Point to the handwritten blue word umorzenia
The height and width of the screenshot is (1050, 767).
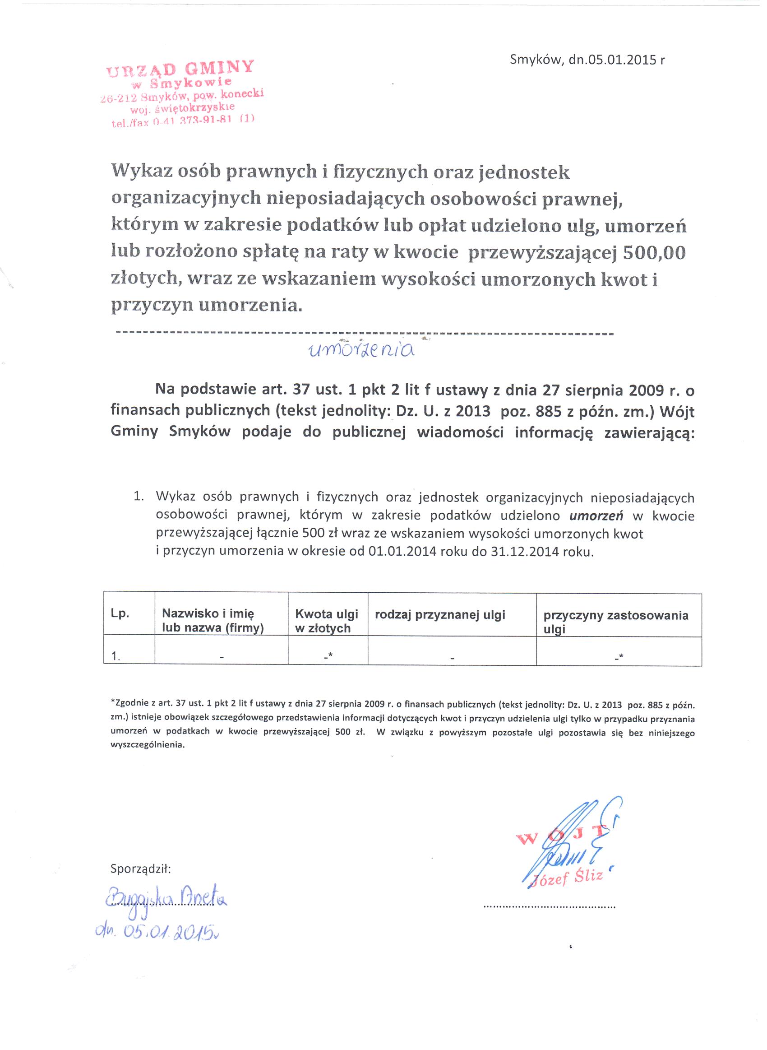(x=362, y=350)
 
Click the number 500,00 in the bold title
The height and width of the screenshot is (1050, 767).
(x=654, y=252)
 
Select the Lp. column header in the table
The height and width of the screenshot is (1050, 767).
(x=120, y=613)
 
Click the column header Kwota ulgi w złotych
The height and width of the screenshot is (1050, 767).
(x=326, y=621)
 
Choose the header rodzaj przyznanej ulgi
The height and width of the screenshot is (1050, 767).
(x=440, y=615)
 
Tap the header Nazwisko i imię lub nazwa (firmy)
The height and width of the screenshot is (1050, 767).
(x=212, y=621)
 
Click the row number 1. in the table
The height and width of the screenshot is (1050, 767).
(x=116, y=656)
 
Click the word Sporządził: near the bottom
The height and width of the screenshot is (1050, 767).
(x=141, y=869)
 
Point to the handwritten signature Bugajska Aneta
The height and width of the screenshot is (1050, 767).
(x=166, y=900)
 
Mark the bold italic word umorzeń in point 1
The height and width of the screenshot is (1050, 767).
(x=596, y=516)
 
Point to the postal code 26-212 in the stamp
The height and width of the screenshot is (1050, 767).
(x=118, y=98)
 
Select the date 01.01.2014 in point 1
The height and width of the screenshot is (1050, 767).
(x=402, y=552)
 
